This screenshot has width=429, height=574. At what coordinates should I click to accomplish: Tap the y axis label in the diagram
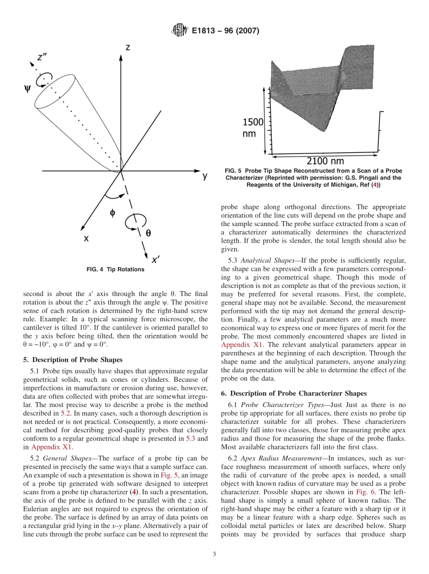point(205,176)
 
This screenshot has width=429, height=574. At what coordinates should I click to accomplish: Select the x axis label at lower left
point(86,239)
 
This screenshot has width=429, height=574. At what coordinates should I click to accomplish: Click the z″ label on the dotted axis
point(43,57)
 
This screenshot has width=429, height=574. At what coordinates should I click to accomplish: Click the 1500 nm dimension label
point(252,128)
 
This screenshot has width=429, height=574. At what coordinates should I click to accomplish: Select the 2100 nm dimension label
point(325,161)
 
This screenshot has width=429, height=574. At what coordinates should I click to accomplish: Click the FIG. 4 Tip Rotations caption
point(115,269)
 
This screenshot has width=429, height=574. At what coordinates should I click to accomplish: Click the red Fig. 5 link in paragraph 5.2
point(168,476)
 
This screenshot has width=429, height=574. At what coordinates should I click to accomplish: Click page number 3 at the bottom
point(214,554)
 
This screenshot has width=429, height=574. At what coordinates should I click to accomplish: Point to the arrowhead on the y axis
point(197,171)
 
